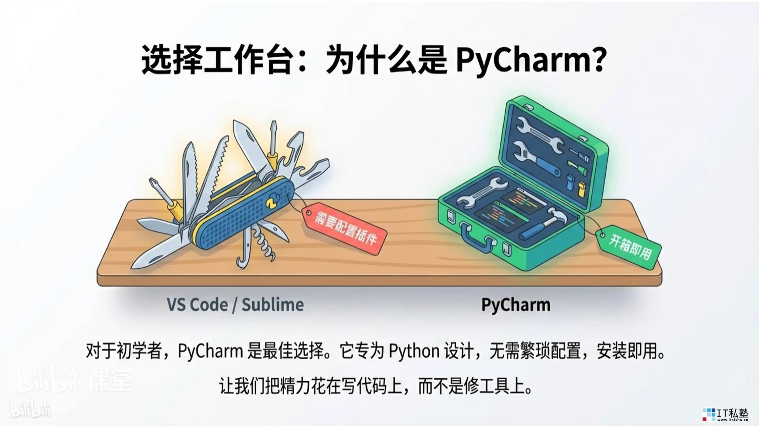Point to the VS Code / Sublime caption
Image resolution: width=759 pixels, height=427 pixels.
point(235,305)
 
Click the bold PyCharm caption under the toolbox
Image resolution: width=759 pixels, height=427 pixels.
point(515,305)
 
